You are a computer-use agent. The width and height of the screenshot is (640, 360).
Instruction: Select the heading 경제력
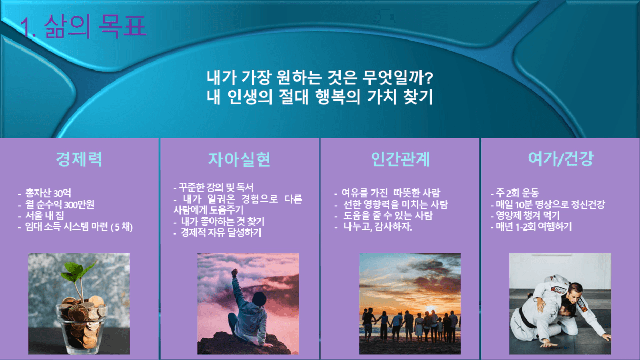click(x=79, y=159)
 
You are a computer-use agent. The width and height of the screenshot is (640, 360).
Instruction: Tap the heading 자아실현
click(x=239, y=159)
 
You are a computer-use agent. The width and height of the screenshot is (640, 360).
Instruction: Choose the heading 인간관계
click(x=400, y=159)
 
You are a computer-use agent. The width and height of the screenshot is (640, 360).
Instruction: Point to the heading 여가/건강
click(x=561, y=159)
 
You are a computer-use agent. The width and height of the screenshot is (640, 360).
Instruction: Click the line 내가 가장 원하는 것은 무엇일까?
click(x=320, y=77)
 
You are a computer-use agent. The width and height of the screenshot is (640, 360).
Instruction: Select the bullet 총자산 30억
click(x=48, y=193)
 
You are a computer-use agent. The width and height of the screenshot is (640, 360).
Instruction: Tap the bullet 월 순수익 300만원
click(x=59, y=205)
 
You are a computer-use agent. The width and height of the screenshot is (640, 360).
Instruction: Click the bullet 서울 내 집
click(x=44, y=216)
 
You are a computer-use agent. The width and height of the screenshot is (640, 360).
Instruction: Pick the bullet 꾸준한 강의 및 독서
click(x=216, y=188)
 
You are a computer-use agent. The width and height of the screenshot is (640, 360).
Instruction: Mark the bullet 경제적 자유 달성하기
click(x=221, y=233)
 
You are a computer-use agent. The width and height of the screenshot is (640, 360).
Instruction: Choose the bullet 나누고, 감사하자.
click(x=377, y=227)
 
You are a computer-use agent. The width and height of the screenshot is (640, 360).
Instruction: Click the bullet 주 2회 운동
click(x=517, y=193)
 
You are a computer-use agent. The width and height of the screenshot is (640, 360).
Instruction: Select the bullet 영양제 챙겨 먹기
click(x=527, y=216)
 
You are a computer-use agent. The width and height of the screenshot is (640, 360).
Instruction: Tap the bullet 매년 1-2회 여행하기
click(x=534, y=227)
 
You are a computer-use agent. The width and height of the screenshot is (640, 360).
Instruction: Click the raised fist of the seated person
click(x=235, y=272)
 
